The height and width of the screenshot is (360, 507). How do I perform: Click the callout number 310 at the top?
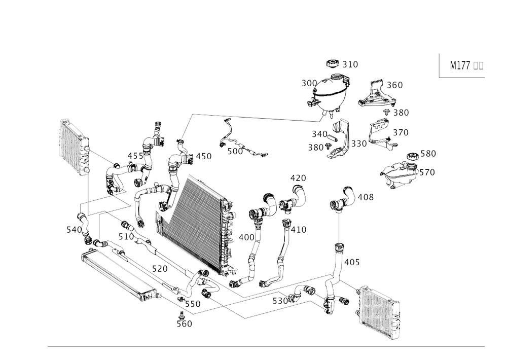click(350, 64)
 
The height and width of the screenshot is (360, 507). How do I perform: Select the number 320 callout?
click(402, 132)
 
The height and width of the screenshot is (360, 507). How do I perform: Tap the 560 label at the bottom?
click(186, 323)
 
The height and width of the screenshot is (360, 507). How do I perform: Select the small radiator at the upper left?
click(74, 147)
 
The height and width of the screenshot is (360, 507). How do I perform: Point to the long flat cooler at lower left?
click(117, 274)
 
